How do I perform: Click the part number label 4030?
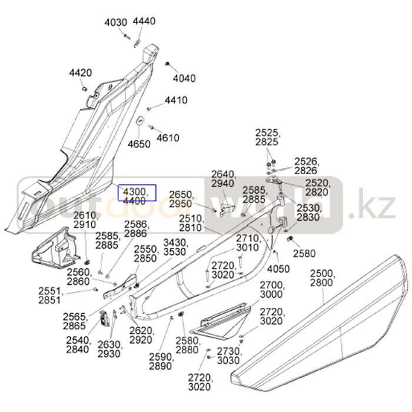(x=116, y=22)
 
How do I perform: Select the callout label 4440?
(x=144, y=21)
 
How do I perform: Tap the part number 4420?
(x=81, y=73)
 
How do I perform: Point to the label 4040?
(x=184, y=78)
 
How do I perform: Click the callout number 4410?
(x=176, y=100)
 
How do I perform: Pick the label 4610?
(x=168, y=138)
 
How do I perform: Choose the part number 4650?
(x=139, y=144)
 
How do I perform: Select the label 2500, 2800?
(x=323, y=278)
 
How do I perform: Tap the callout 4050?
(x=278, y=269)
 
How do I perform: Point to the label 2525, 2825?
(x=268, y=137)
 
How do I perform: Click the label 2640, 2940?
(x=224, y=179)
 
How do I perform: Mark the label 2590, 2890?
(x=161, y=361)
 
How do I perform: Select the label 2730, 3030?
(x=228, y=355)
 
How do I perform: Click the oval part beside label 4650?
(x=141, y=122)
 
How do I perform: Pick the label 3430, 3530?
(x=175, y=247)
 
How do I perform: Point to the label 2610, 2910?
(x=85, y=220)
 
